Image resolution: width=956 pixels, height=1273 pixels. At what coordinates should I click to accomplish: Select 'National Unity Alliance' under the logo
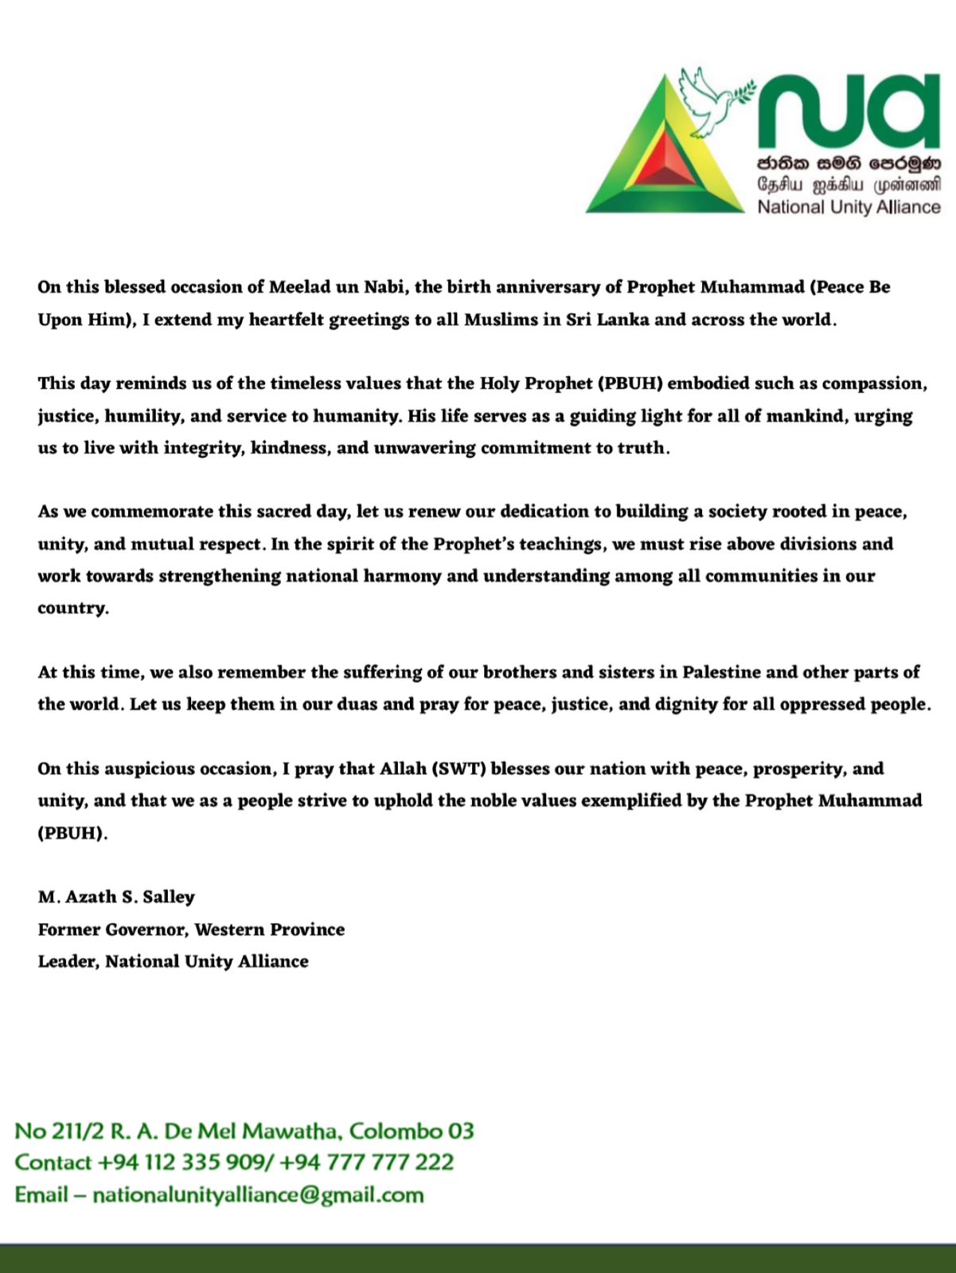tap(849, 208)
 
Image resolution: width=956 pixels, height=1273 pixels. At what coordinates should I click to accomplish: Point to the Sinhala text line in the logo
tap(849, 164)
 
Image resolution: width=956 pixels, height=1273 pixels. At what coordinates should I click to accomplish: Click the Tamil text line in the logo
tap(849, 185)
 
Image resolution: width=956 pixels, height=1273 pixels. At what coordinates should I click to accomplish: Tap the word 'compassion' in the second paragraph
tap(872, 383)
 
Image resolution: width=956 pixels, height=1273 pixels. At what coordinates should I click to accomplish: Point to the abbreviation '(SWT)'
tap(459, 769)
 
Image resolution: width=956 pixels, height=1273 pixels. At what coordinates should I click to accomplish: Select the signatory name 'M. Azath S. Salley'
tap(116, 897)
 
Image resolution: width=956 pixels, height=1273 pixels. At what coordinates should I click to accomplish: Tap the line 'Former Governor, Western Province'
tap(191, 929)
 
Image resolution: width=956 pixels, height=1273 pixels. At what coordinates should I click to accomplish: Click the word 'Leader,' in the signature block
tap(68, 961)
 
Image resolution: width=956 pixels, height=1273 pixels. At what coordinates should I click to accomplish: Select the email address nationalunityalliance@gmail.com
tap(258, 1195)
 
